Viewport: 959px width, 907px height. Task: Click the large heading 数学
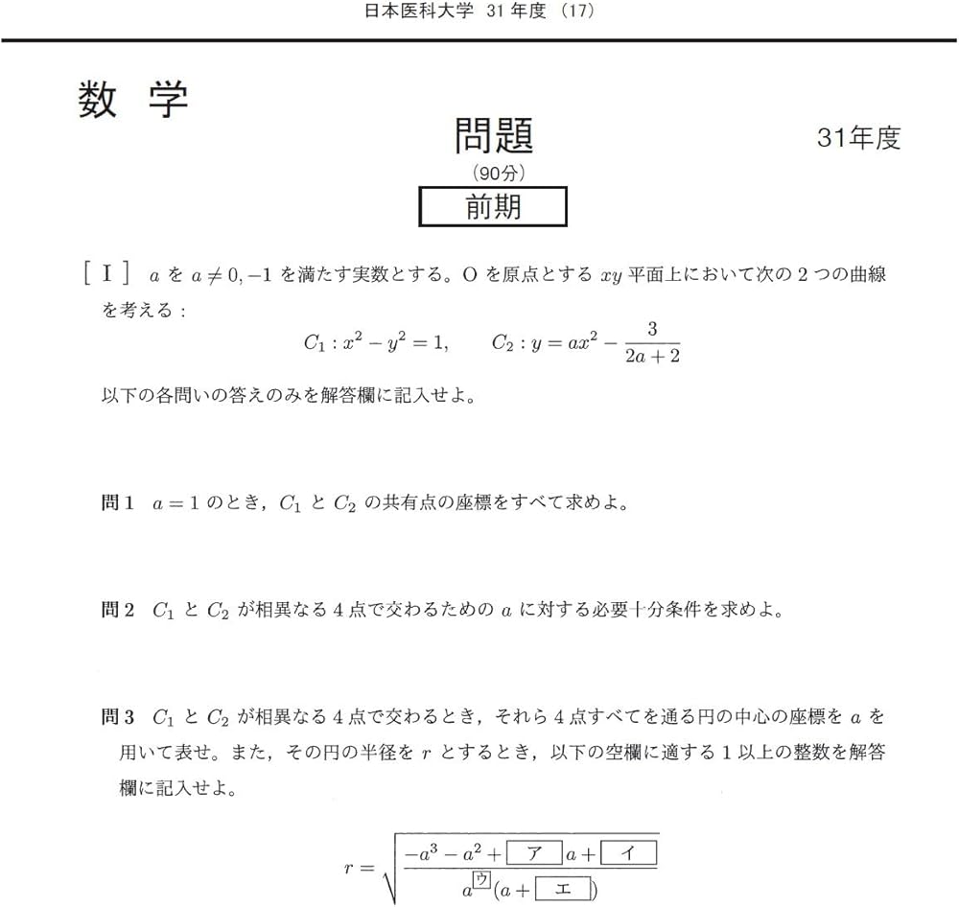tap(132, 100)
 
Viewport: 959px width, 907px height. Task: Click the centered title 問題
tap(493, 136)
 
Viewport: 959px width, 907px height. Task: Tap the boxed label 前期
tap(493, 206)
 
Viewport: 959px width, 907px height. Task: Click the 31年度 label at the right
tap(858, 138)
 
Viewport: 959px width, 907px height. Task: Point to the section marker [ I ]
tap(106, 274)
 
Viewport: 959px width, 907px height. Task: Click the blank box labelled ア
tap(534, 851)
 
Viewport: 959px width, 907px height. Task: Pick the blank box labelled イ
tap(628, 851)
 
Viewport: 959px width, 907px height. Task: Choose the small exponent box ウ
tap(481, 878)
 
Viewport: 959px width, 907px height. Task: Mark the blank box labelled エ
tap(562, 892)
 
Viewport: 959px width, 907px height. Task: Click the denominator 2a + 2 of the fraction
tap(651, 358)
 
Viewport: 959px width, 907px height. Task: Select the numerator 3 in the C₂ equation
tap(651, 330)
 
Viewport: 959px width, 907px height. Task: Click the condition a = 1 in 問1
tap(180, 503)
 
